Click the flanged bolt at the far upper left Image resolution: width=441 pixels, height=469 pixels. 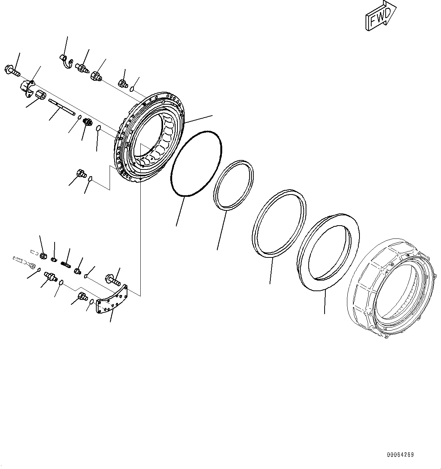point(13,71)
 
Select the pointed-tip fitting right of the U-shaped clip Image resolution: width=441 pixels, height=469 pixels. point(82,69)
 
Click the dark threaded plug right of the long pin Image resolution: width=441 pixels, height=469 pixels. point(86,123)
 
